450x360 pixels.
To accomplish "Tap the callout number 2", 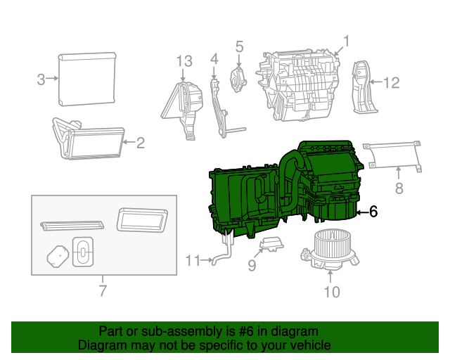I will [141, 143].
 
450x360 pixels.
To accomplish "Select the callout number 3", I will [41, 79].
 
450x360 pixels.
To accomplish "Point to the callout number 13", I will [184, 61].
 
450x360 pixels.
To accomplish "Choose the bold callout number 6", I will [373, 211].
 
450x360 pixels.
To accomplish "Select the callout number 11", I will [193, 261].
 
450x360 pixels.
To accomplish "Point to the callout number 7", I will [103, 290].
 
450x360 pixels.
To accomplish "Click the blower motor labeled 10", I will [330, 247].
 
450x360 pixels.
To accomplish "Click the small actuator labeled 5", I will [239, 77].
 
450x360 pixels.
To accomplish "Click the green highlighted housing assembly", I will [281, 190].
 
